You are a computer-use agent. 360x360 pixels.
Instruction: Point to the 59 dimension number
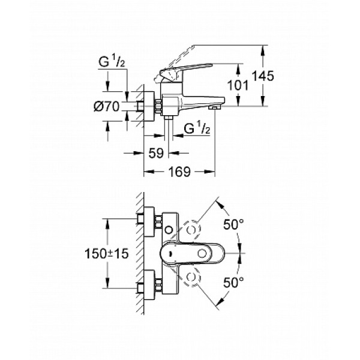pos(156,154)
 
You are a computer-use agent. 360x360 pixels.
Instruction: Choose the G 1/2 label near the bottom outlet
pos(196,128)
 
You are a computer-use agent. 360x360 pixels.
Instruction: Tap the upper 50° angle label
pos(233,224)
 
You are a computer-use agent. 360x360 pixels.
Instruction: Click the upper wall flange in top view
pos(148,223)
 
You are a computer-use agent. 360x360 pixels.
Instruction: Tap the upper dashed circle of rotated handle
pos(193,230)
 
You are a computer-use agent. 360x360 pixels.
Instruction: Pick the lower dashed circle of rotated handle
pos(193,277)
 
